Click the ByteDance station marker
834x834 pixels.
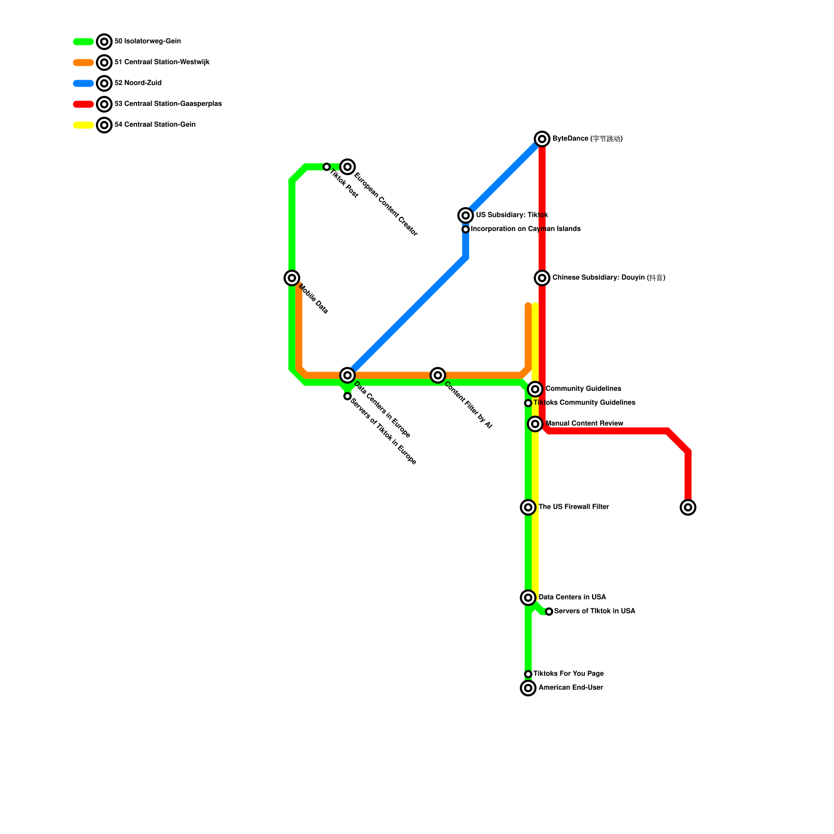(542, 139)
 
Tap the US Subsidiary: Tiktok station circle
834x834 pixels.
(465, 215)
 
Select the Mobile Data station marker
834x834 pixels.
(292, 278)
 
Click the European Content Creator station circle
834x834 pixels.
(348, 167)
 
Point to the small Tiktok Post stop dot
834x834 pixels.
(327, 167)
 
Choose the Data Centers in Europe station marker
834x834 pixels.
(348, 375)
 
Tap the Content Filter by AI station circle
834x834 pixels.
(438, 375)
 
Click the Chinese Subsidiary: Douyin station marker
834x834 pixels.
(542, 278)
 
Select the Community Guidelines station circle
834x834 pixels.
(535, 389)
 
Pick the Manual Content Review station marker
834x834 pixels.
(535, 424)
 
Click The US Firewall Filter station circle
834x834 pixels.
(528, 507)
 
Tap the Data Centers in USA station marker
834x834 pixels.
(528, 597)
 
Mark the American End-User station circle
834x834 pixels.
(528, 688)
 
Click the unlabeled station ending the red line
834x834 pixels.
(688, 507)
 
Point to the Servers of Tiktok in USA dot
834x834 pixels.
(549, 611)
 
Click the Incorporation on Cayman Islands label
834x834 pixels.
(525, 229)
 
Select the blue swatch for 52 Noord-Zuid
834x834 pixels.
(83, 83)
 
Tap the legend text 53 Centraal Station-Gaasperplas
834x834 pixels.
(168, 104)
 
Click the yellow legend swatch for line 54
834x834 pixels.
(83, 125)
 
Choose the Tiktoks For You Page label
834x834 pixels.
(568, 674)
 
